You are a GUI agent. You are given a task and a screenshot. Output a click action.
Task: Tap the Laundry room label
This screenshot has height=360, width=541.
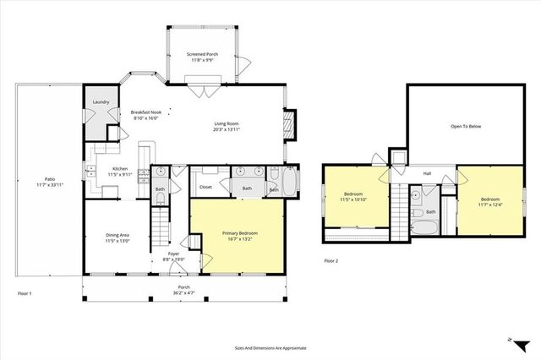100,101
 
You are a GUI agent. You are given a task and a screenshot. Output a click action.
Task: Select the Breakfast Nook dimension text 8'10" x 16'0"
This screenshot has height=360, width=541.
145,118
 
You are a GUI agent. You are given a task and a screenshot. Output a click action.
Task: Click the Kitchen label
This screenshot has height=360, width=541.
120,169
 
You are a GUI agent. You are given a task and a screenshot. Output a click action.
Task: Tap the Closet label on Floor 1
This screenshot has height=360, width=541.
205,188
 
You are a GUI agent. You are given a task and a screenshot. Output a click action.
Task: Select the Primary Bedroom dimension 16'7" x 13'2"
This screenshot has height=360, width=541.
240,239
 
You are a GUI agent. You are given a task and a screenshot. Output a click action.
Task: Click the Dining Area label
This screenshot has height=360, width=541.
117,235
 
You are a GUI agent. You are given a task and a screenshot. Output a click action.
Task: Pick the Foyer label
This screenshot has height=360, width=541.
173,254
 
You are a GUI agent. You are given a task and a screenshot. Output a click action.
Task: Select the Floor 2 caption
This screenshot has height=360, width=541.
331,261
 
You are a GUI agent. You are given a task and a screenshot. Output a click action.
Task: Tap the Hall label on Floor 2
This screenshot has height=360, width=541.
427,174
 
